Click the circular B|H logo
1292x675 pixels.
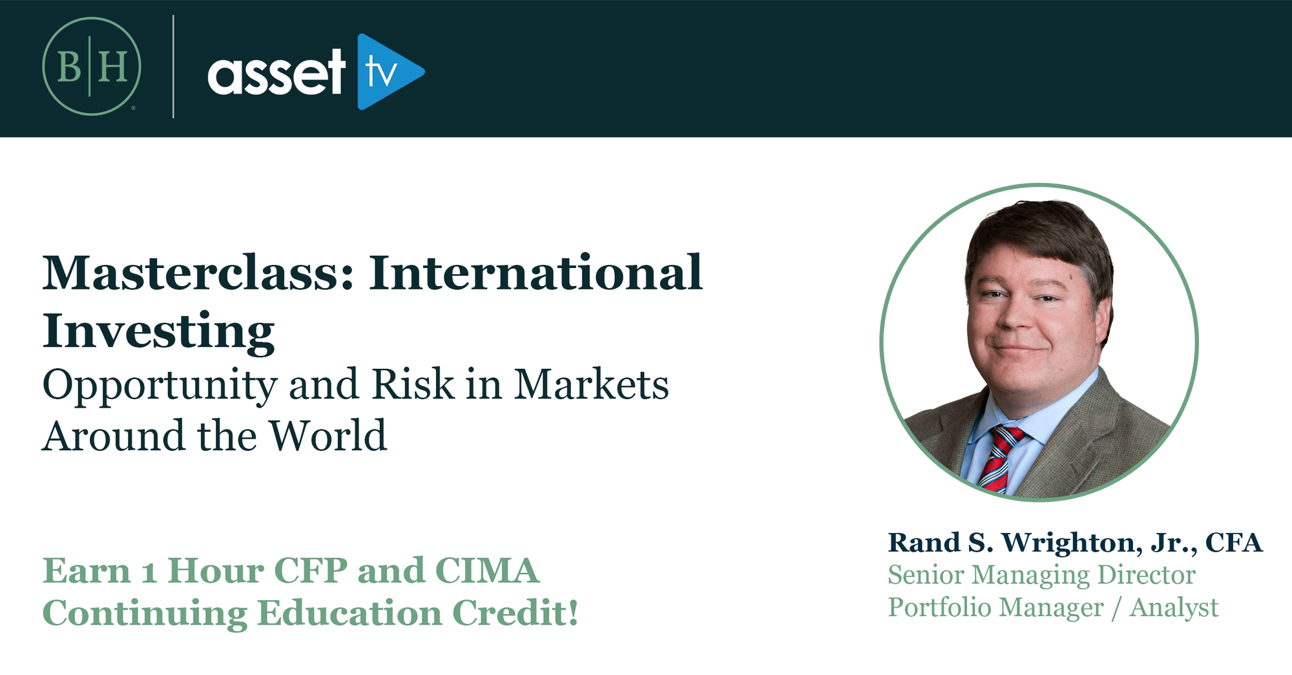92,67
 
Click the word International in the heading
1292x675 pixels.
536,273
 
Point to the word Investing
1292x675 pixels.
159,331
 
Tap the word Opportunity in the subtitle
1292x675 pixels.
160,386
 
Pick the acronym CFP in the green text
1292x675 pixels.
310,571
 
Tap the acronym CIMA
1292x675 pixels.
487,571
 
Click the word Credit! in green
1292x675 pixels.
515,613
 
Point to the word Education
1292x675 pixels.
349,613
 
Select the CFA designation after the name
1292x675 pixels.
1234,543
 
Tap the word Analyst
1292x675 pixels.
1174,608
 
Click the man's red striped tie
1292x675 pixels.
999,458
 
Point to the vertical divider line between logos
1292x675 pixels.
173,67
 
